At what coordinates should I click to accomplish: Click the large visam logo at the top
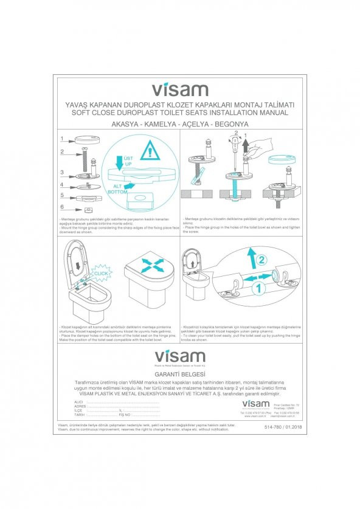click(179, 90)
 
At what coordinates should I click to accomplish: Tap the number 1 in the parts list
click(61, 138)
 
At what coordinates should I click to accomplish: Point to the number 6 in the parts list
click(61, 206)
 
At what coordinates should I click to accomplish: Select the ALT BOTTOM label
click(117, 189)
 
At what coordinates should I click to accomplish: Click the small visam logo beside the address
click(255, 404)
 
